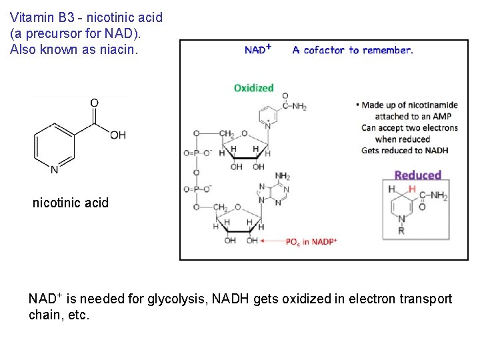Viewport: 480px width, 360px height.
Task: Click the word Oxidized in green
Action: (253, 88)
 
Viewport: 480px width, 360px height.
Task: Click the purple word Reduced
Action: (417, 175)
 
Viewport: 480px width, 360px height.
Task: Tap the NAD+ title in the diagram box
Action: (257, 49)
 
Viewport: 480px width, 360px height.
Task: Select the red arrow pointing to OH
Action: (271, 241)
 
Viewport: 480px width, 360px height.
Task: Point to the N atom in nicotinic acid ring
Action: (54, 169)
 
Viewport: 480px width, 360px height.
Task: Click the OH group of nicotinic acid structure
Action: (118, 135)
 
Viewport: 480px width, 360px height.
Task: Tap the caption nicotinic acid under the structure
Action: (70, 203)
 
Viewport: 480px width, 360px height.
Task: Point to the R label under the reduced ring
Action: (401, 231)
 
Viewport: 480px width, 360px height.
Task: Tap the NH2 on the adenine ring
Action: (283, 176)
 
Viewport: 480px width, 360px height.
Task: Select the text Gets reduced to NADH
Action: (405, 150)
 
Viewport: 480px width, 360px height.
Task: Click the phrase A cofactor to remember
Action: (353, 50)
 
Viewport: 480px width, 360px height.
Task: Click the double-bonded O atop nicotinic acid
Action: (94, 103)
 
